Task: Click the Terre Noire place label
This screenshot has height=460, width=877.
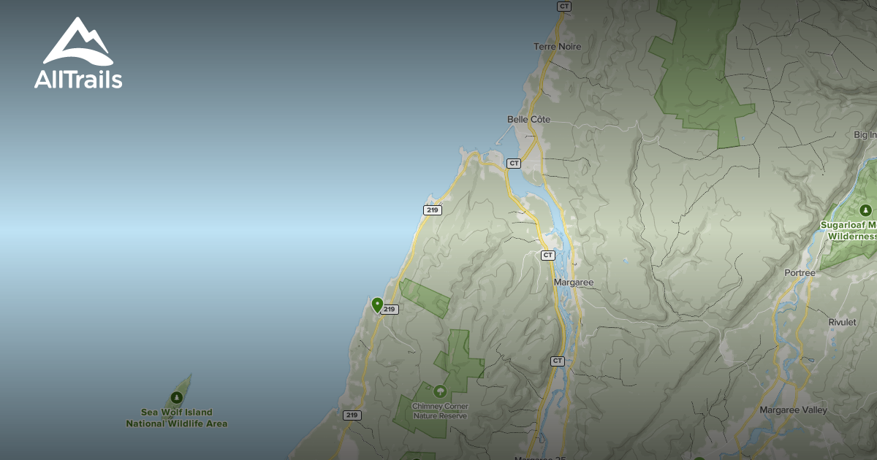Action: click(x=557, y=47)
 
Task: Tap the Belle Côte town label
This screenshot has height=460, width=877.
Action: click(x=528, y=119)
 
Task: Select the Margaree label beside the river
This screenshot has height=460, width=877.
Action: click(x=574, y=283)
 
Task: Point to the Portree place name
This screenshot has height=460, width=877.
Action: click(x=799, y=273)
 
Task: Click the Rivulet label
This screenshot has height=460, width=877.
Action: click(x=842, y=322)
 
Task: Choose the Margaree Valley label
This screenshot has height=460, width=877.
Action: click(x=793, y=410)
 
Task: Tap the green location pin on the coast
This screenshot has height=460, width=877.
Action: click(x=377, y=304)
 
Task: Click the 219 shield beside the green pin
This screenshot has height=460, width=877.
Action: click(x=390, y=310)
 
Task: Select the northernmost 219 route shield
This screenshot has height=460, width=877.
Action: click(x=432, y=210)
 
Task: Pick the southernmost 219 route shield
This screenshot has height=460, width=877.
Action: click(x=352, y=415)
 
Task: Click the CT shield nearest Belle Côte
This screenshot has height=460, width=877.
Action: click(x=514, y=164)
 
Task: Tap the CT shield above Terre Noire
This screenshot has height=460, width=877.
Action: click(x=563, y=6)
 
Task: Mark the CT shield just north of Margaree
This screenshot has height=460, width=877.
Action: click(x=548, y=256)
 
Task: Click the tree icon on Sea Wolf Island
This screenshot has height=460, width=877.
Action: click(x=176, y=398)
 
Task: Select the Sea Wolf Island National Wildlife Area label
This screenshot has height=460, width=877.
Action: click(x=176, y=418)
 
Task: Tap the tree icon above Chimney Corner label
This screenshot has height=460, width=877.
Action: click(x=440, y=391)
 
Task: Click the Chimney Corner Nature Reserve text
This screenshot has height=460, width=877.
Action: click(x=439, y=411)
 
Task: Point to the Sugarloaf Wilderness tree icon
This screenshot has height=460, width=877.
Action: click(x=867, y=211)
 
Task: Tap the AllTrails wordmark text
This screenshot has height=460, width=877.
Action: click(x=78, y=80)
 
